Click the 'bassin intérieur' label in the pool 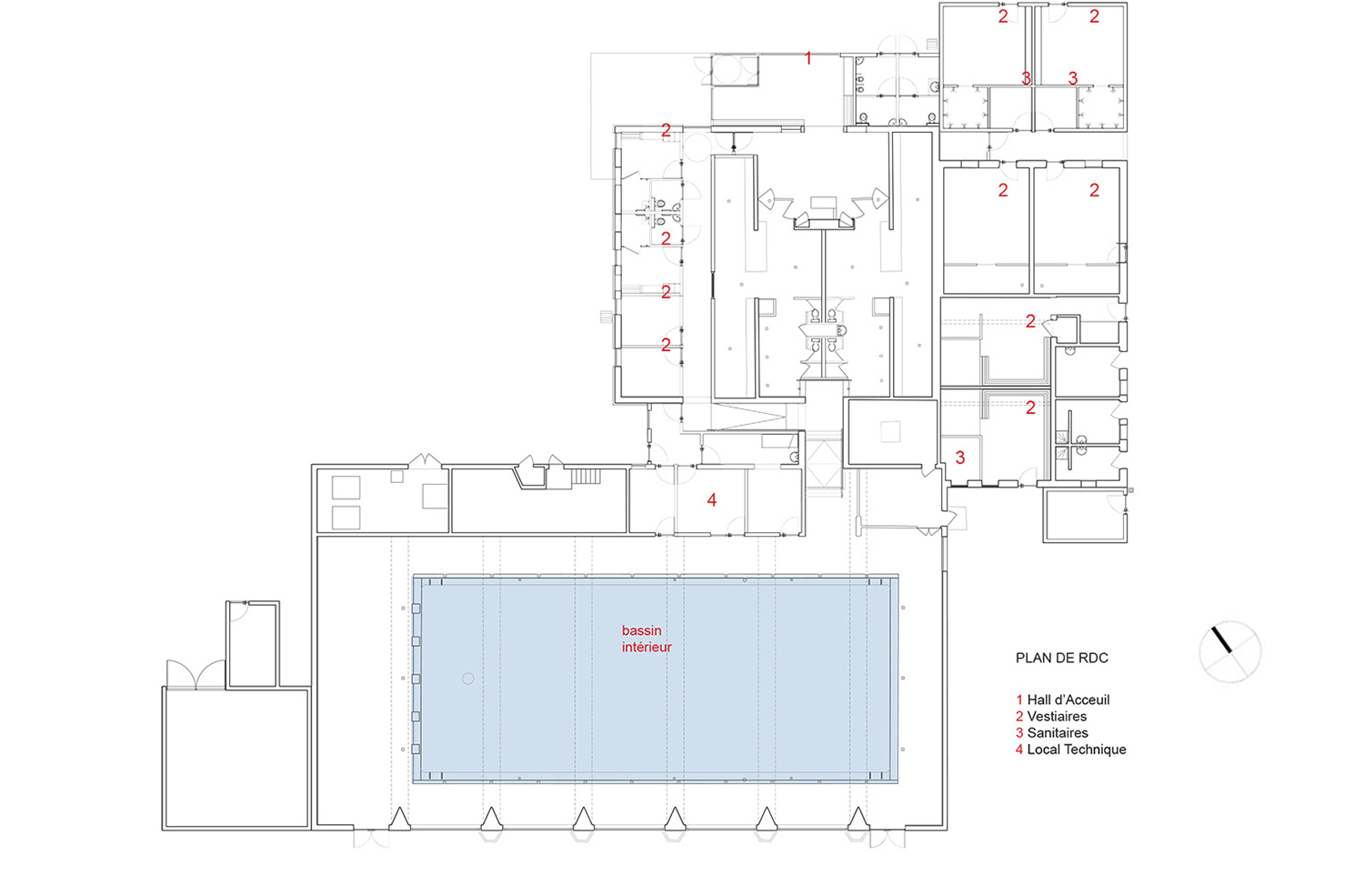[646, 639]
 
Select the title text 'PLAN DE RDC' [1062, 658]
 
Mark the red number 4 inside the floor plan [711, 500]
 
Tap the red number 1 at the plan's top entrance [808, 58]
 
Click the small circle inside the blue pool [467, 679]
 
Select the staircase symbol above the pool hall [586, 476]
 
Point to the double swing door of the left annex [196, 674]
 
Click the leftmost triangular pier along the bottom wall [399, 819]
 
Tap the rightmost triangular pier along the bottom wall [858, 819]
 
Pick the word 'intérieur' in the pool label [647, 647]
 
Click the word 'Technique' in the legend [1093, 750]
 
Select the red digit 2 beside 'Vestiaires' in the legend [1019, 716]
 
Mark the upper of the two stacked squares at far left [346, 488]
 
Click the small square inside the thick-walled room [890, 432]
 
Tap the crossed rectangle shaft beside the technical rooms [824, 464]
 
